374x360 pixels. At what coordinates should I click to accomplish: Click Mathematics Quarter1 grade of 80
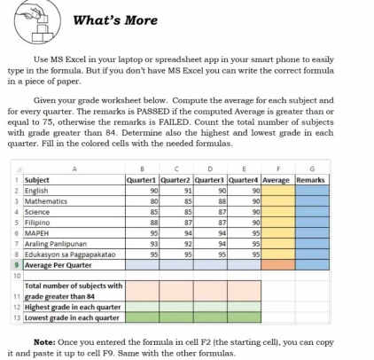(153, 201)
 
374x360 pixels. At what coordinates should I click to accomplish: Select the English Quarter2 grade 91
(187, 190)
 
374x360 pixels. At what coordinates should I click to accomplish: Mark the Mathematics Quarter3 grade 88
(222, 201)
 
